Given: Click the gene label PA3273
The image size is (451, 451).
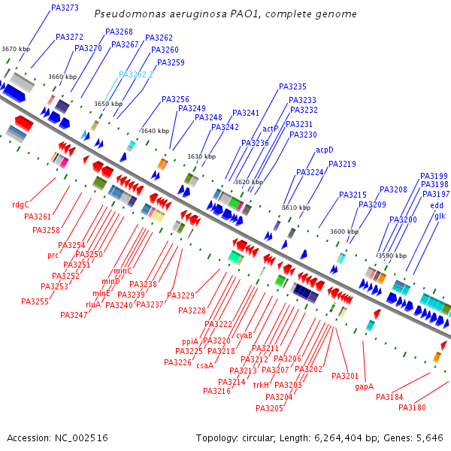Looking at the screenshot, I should pos(65,8).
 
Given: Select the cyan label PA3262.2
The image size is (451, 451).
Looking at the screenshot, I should pos(136,74).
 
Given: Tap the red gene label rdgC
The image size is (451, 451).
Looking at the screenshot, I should pos(20,204).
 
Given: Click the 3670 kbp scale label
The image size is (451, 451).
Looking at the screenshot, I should pos(16,49).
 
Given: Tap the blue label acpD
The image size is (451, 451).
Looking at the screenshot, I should pos(325,150).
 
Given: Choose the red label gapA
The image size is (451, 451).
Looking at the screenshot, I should pos(365,386).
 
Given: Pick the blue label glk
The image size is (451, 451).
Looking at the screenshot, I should pos(440,216).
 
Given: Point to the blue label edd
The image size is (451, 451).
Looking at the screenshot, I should pos(437,205).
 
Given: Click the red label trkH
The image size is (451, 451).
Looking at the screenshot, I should pos(261,385).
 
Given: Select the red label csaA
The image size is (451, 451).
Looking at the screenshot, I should pos(205,366).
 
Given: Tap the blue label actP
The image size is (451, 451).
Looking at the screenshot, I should pos(271,129).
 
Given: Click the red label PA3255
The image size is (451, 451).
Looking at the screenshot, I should pos(35,301).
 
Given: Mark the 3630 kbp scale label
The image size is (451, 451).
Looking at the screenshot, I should pos(201,156).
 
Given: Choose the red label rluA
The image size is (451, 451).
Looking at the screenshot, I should pos(93,304).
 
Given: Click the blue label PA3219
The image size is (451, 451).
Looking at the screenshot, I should pos(342,164).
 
